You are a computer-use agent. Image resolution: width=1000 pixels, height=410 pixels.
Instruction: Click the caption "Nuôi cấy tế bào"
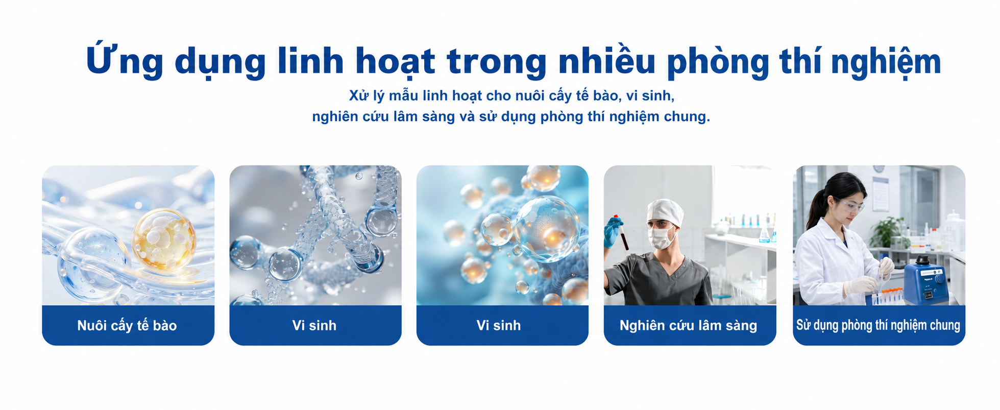coord(127,325)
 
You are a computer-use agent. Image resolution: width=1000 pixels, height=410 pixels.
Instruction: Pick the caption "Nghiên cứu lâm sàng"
coord(688,325)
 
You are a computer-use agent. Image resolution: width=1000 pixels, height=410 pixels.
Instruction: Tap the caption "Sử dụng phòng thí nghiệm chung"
coord(878,325)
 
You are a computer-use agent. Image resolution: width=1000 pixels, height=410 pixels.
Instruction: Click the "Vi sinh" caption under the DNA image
coord(314,325)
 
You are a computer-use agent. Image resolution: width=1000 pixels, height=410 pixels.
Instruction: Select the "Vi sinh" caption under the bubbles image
coord(499,325)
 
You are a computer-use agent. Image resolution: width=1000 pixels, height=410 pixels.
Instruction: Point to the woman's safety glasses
coord(848,206)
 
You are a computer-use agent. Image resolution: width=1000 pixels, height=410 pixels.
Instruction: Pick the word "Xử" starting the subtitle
coord(356,95)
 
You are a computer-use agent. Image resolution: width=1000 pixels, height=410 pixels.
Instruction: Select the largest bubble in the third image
coord(547,229)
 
